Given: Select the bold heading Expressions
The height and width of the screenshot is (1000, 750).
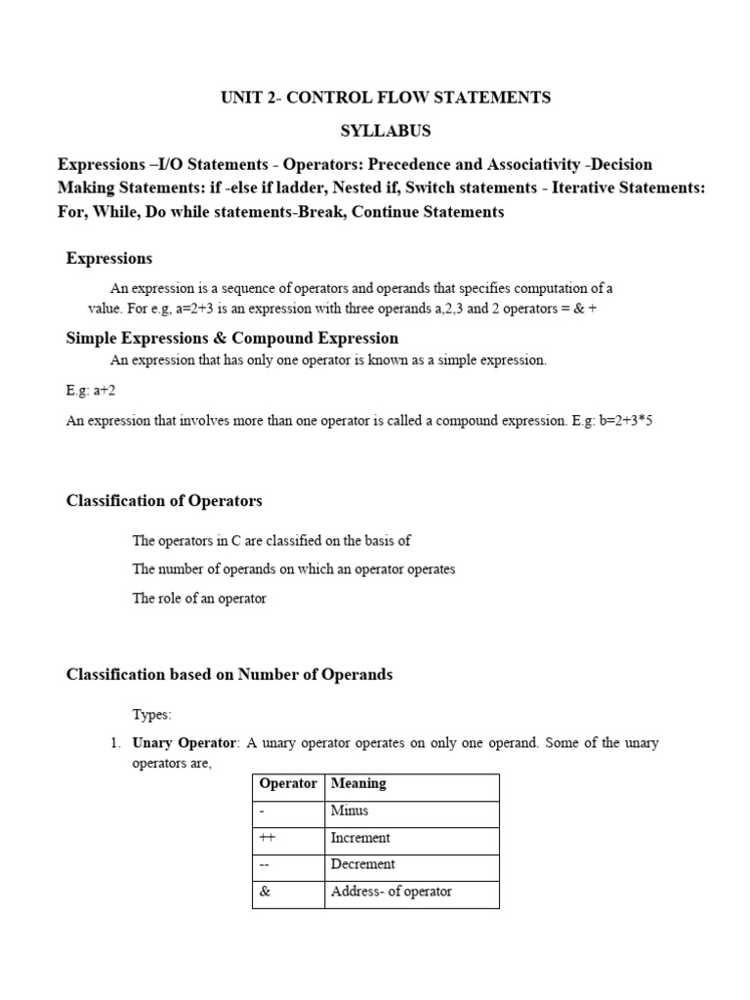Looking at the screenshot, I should (x=108, y=258).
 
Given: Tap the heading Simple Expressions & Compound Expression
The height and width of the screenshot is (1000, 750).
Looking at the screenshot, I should (x=231, y=338).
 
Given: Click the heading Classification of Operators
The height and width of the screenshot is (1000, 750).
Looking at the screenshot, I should (x=164, y=501).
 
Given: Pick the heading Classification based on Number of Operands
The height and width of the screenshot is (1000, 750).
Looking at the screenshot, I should (x=229, y=675).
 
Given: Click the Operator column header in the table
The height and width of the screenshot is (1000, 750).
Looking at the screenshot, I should (x=288, y=783).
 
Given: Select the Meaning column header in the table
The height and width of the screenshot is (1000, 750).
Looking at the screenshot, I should (x=358, y=783).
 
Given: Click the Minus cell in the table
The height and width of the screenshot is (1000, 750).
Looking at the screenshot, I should (x=350, y=811).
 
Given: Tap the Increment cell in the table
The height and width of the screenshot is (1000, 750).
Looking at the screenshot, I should (x=360, y=838).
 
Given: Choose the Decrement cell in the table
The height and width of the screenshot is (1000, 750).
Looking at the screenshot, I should (x=363, y=864).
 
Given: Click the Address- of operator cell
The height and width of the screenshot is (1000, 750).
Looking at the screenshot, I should (x=392, y=892).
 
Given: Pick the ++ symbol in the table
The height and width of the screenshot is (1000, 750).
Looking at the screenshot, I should (x=268, y=838).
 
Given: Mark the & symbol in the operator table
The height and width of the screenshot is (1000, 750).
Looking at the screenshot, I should (x=265, y=892).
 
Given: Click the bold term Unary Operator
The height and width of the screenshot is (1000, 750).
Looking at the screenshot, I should (x=185, y=743).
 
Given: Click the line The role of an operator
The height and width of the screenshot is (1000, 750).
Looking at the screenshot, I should (x=199, y=599).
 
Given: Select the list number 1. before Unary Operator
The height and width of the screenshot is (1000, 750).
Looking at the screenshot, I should (x=114, y=743).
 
